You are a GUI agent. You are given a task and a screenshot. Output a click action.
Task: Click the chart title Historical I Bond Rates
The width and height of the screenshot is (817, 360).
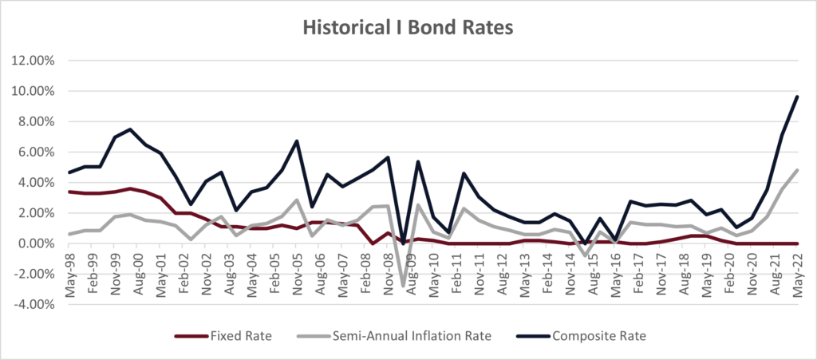(408, 26)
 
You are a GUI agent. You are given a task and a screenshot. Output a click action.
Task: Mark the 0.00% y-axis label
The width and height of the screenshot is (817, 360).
(34, 243)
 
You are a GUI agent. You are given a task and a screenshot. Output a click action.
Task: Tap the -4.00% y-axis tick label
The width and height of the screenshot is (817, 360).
(33, 304)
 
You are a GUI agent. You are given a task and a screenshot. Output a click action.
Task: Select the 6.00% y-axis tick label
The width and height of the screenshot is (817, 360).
(34, 152)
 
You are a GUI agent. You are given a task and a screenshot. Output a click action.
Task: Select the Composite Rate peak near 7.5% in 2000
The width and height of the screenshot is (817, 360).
(130, 129)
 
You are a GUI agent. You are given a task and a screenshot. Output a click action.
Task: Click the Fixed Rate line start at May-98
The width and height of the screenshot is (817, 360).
(70, 192)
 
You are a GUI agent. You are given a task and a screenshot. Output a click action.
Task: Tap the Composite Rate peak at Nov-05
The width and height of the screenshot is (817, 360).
(297, 141)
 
